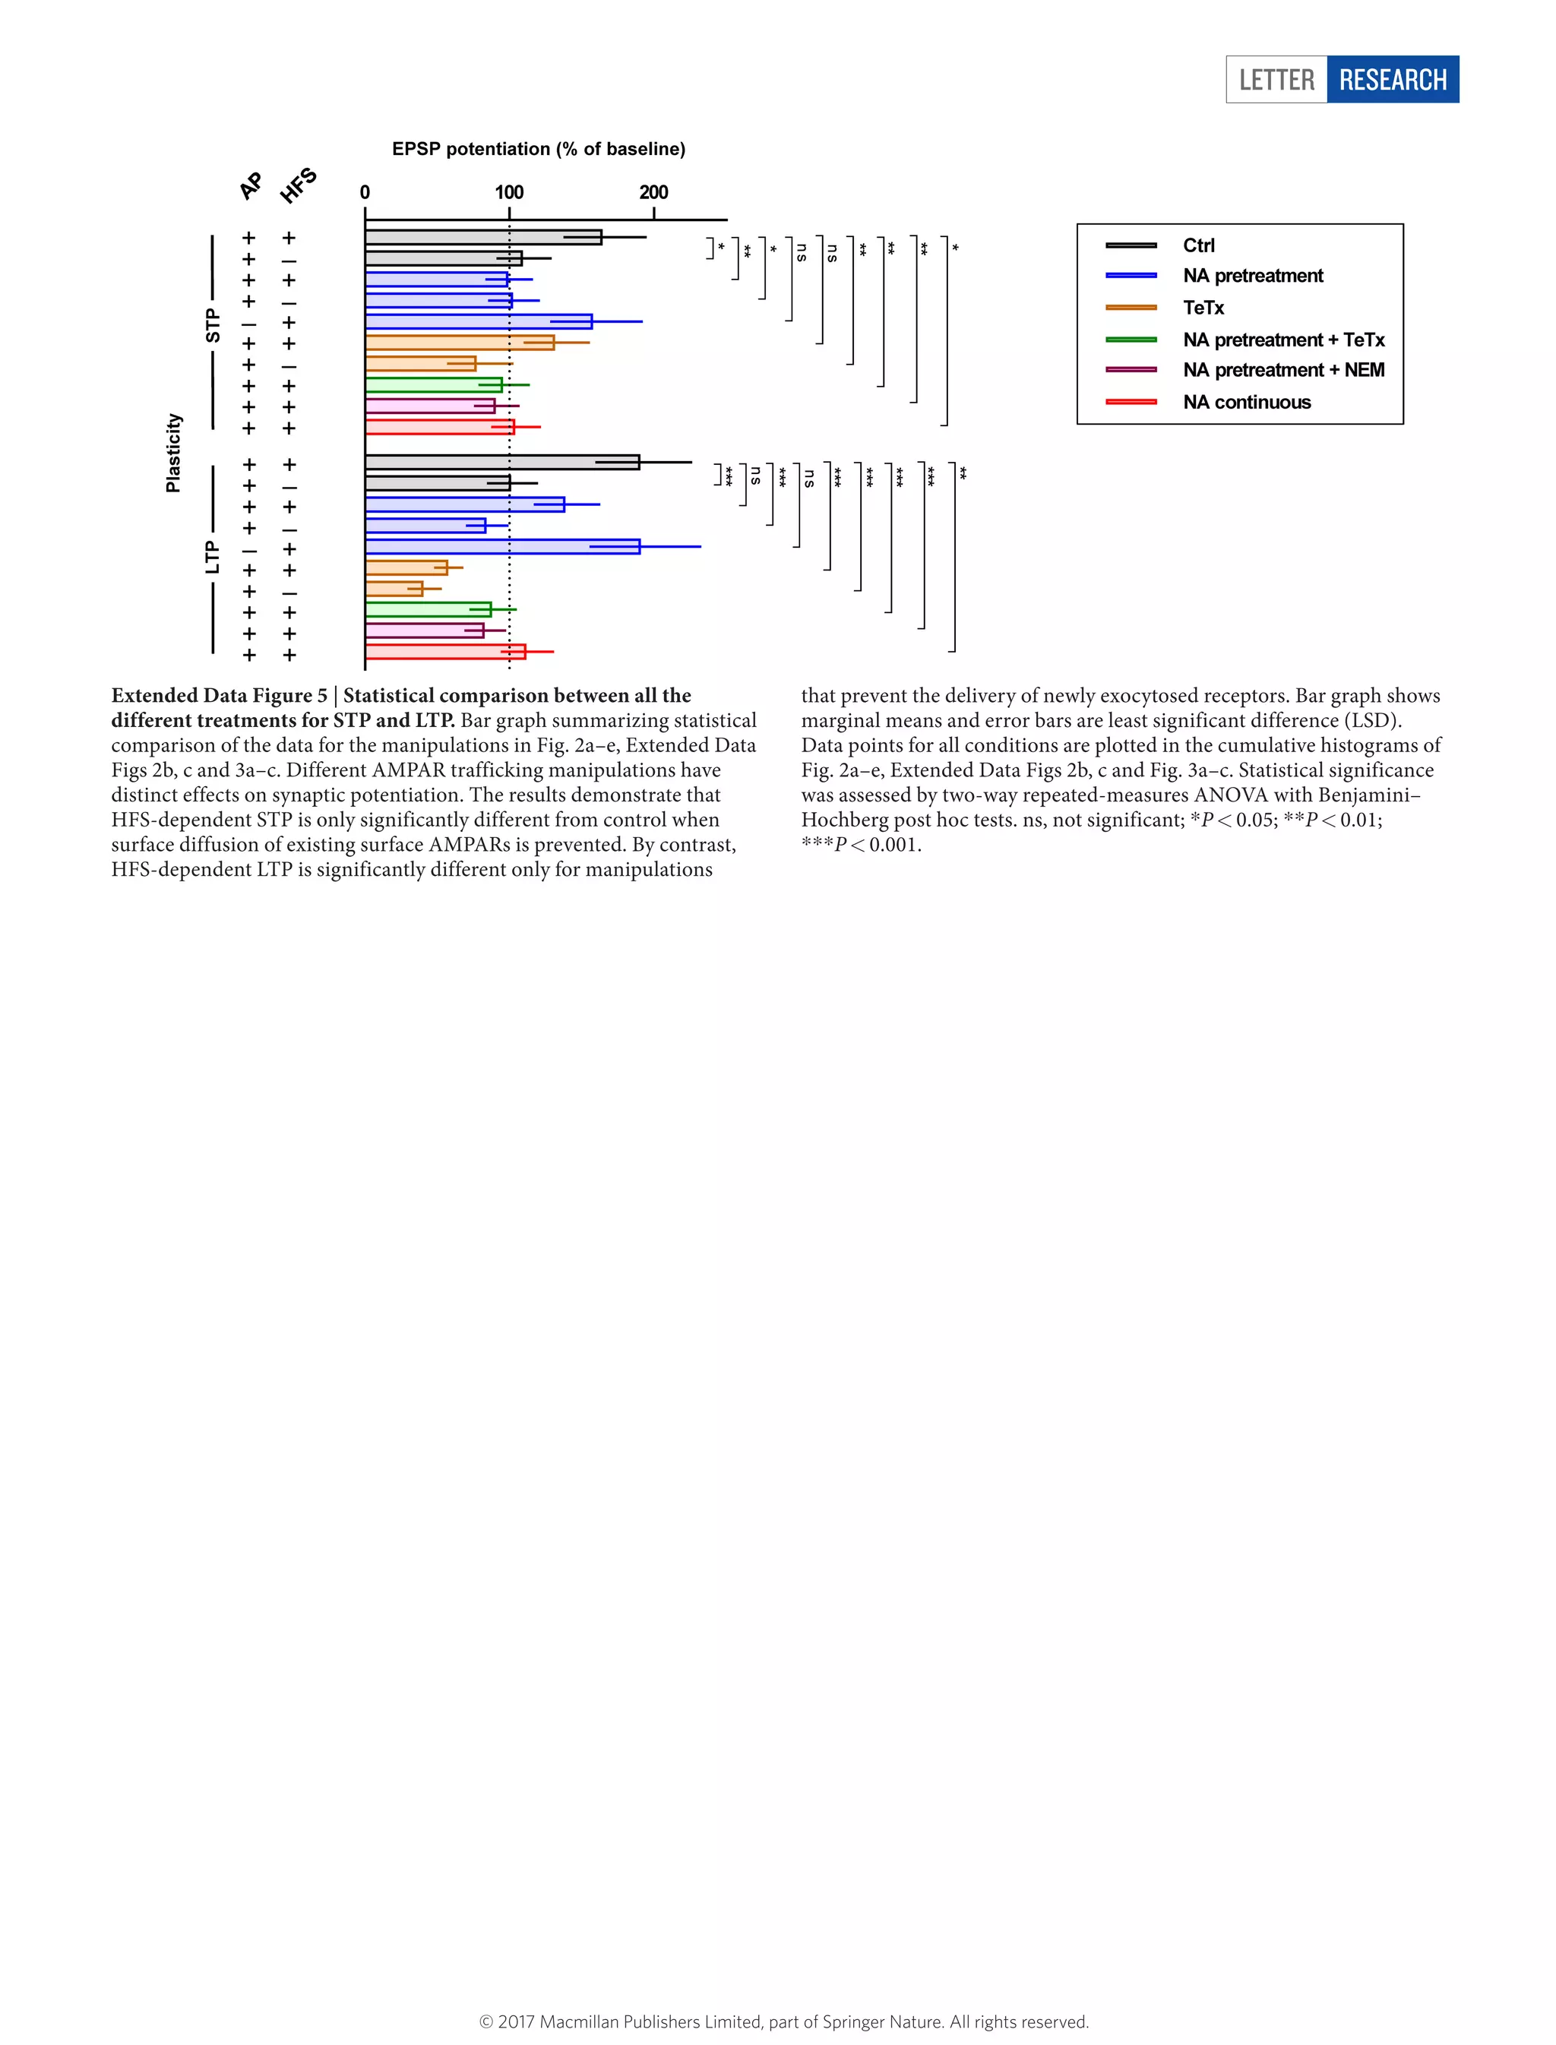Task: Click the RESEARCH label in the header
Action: (1392, 80)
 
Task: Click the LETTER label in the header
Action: (1276, 80)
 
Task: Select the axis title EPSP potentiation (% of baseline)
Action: (538, 149)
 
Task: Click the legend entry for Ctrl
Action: (1198, 245)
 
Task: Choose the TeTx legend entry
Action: (1203, 308)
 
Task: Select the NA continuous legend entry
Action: (1247, 402)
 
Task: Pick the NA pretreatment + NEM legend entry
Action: (1282, 371)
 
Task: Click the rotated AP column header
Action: (251, 185)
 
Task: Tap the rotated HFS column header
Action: (299, 185)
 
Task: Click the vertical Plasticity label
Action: (173, 453)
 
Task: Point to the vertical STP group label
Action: (213, 326)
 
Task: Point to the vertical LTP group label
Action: (213, 558)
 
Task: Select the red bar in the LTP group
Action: (444, 652)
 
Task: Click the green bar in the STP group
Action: (434, 384)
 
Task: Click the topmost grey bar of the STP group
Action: (482, 237)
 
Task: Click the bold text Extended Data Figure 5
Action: (220, 696)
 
